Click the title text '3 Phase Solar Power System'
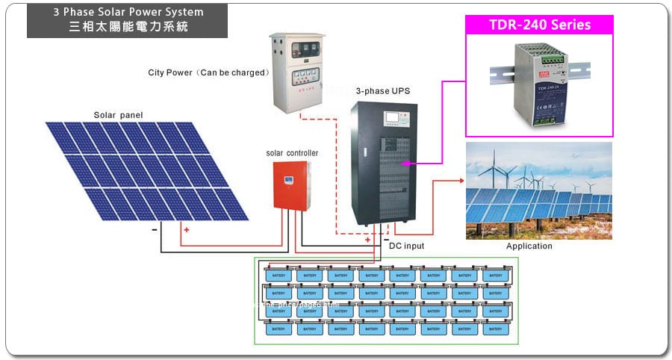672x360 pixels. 128,13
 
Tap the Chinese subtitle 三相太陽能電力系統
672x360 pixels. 128,27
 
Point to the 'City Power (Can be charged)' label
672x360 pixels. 208,72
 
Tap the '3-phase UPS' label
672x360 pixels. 382,90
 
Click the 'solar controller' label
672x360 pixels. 292,153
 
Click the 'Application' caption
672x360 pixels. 529,246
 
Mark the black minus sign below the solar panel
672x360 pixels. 155,229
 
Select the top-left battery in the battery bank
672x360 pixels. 279,276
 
